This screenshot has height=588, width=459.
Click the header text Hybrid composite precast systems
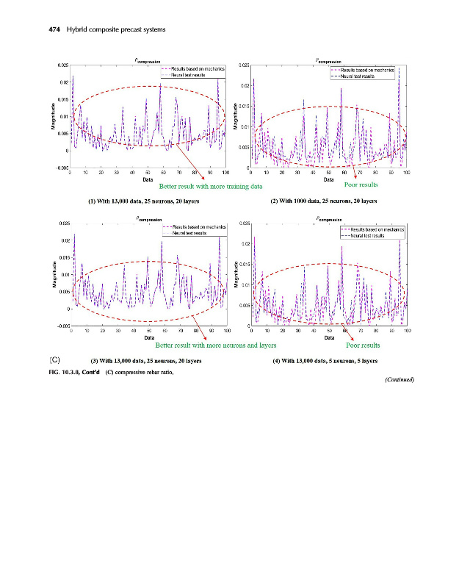(116, 29)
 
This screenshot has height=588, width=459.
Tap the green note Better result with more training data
(211, 187)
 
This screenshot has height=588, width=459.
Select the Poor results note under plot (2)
(361, 185)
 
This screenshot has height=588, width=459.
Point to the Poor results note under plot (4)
(363, 345)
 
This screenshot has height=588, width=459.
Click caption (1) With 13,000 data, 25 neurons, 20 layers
(142, 201)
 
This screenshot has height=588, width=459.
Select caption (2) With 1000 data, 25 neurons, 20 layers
(323, 200)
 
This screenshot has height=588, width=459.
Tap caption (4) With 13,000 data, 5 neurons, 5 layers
(324, 361)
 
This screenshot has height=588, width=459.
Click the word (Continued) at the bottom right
(400, 380)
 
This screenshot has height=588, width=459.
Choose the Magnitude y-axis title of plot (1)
(54, 118)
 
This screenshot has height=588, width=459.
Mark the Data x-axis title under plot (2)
(328, 179)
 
